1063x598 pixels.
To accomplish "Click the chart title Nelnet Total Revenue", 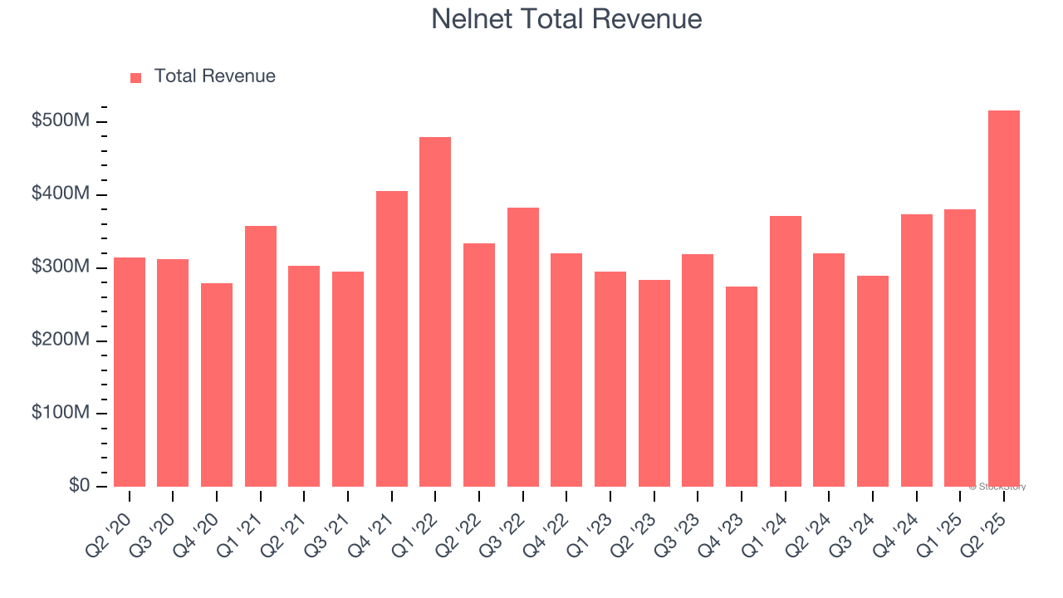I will [566, 19].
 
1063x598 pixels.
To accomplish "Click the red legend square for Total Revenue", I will [136, 77].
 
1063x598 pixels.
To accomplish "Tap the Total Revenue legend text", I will [214, 76].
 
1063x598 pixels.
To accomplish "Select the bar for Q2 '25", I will [1003, 299].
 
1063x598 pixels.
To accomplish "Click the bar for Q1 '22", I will [435, 312].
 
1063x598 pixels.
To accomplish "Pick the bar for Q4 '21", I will [391, 339].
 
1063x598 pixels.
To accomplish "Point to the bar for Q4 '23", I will [741, 387].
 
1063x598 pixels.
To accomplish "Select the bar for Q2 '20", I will [130, 372].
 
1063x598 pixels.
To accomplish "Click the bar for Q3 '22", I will [522, 347].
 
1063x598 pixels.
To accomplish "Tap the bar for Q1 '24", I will [785, 351].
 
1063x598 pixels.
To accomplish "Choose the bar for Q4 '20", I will [217, 385].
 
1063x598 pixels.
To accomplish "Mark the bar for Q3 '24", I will [872, 381].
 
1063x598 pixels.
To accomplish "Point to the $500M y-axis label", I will [61, 121].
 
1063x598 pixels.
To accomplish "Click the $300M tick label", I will [61, 267].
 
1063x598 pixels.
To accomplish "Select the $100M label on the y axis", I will [61, 414].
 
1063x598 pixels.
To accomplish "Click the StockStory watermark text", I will [997, 487].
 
